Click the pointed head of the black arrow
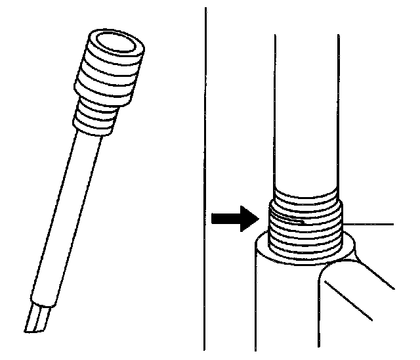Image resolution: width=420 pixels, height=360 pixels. (x=247, y=219)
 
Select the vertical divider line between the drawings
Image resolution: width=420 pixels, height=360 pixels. (x=205, y=177)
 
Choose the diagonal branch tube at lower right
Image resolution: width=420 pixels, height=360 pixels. (x=358, y=296)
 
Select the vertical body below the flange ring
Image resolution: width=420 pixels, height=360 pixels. (x=282, y=309)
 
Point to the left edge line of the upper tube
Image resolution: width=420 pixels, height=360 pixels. (x=274, y=112)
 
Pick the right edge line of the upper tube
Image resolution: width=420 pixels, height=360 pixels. (x=339, y=112)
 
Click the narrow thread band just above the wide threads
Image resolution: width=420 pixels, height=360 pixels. (x=306, y=196)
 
